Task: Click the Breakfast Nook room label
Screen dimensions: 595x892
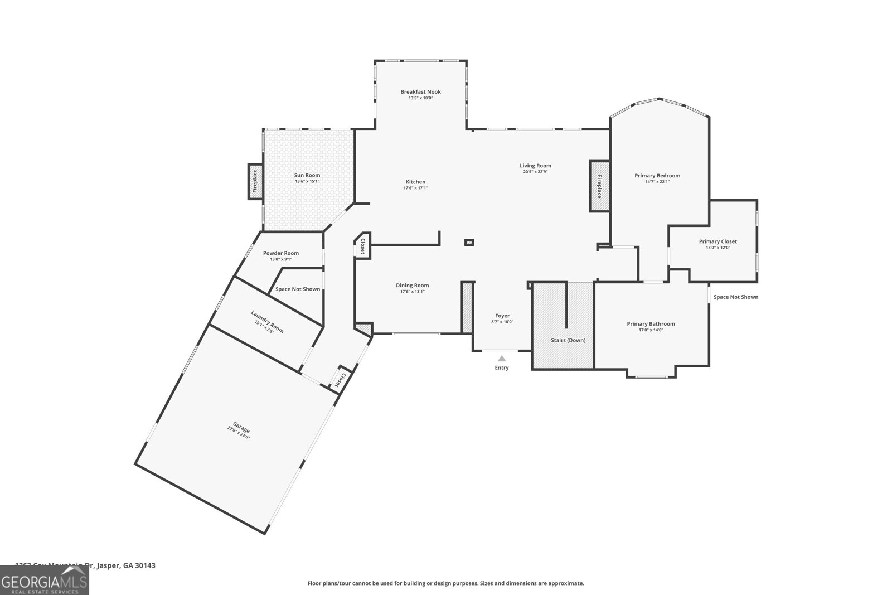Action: [420, 92]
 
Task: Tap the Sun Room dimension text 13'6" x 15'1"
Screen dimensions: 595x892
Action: [307, 181]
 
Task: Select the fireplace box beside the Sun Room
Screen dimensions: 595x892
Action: [255, 181]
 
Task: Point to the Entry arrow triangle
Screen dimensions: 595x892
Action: [502, 359]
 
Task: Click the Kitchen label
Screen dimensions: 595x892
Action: [415, 182]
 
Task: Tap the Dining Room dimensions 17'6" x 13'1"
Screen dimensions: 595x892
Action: [413, 292]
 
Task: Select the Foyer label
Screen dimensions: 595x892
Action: [502, 316]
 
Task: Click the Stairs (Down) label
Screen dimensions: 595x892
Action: [568, 340]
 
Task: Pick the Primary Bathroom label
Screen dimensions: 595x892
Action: [651, 324]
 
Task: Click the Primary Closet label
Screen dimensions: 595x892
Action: [718, 241]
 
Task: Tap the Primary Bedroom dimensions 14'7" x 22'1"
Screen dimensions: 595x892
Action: [657, 182]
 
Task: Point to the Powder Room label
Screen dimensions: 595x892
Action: [281, 253]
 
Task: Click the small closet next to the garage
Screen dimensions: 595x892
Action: [339, 380]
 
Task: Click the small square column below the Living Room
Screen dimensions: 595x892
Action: [469, 242]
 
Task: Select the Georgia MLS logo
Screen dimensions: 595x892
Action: [44, 580]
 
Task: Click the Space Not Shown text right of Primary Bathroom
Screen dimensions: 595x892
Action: [736, 297]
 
